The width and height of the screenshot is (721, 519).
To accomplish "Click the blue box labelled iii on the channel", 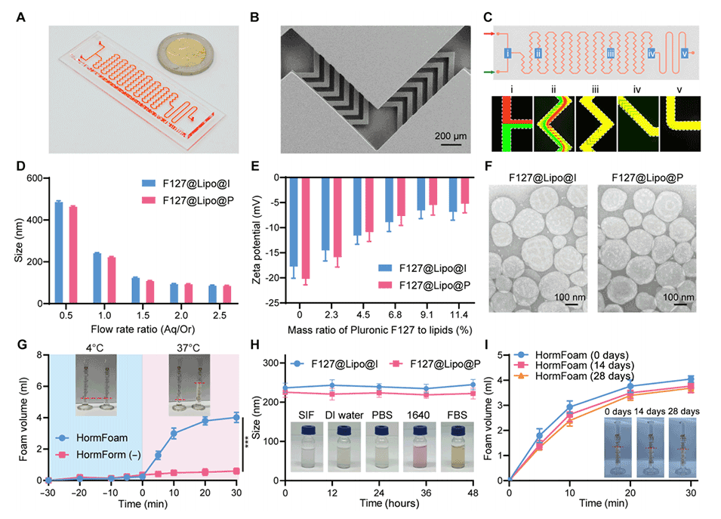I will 610,54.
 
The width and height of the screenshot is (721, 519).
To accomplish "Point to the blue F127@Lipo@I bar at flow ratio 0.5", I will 58,252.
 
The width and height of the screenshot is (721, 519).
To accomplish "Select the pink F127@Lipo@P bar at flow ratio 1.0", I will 110,280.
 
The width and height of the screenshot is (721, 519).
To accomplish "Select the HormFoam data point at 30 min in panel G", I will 236,417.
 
